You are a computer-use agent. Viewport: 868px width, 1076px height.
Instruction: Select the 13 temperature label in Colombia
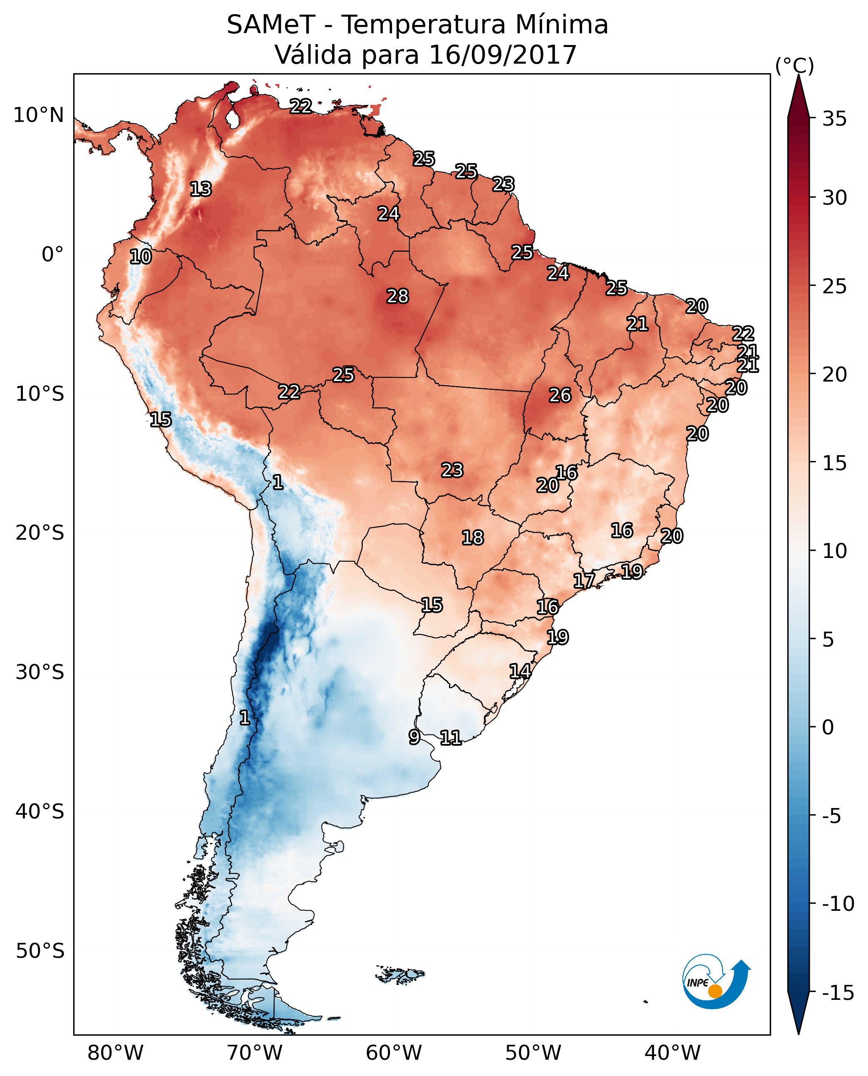click(x=201, y=189)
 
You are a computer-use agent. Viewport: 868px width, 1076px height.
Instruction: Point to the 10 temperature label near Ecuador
click(x=141, y=256)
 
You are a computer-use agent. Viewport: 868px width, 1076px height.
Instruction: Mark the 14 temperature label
click(x=520, y=671)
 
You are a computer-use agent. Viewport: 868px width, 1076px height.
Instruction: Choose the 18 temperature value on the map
click(x=473, y=538)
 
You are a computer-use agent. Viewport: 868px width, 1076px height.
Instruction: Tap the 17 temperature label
click(x=584, y=580)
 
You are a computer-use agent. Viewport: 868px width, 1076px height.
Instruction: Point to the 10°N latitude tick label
click(x=39, y=116)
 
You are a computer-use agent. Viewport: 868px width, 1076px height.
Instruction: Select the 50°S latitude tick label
click(x=40, y=950)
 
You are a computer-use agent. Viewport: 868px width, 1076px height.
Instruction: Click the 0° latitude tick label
click(x=52, y=255)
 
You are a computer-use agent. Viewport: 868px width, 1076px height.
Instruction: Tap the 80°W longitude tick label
click(x=116, y=1053)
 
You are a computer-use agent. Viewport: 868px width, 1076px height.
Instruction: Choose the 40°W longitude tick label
click(x=672, y=1053)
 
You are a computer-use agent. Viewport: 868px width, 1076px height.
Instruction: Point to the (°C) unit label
click(x=794, y=65)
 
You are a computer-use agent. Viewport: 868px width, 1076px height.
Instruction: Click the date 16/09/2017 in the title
click(x=503, y=55)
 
